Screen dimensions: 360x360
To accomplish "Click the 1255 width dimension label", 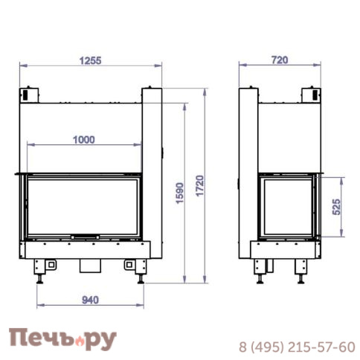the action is click(x=90, y=61).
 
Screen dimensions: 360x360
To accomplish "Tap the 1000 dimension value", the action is click(x=84, y=140).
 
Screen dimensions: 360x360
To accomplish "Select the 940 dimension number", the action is click(x=90, y=300).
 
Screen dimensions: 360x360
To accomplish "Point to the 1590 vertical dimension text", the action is click(x=180, y=193).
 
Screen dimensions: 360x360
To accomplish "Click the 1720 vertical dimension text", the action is click(x=199, y=186).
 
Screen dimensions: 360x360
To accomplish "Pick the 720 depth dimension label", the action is click(x=280, y=60).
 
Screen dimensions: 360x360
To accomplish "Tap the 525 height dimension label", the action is click(x=336, y=207).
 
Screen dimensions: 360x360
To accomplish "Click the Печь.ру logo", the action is click(x=62, y=339).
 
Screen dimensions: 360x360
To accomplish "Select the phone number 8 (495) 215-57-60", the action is click(x=297, y=347).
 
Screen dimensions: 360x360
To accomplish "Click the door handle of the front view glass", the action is click(x=85, y=237).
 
